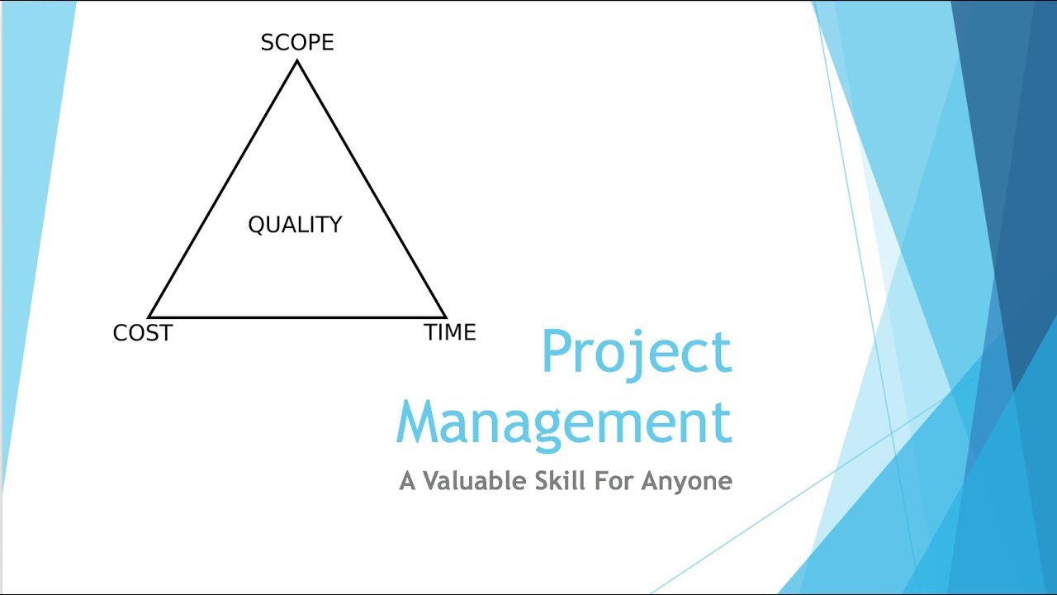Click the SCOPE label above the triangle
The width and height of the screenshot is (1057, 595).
click(x=297, y=43)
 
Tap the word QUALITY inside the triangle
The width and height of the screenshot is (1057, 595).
click(x=295, y=225)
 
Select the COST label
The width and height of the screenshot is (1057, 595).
click(x=143, y=333)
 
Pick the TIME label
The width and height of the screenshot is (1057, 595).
click(x=450, y=332)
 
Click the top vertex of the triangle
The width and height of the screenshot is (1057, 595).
click(x=297, y=63)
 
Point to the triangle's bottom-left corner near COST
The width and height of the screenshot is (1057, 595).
click(x=150, y=317)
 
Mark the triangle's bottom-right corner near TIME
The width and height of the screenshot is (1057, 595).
click(x=445, y=317)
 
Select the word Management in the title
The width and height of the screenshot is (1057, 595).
click(x=564, y=422)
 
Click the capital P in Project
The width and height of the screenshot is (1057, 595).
click(x=557, y=350)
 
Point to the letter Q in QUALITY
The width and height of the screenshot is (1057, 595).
click(x=257, y=225)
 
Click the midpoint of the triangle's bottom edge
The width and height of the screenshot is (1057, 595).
click(x=297, y=317)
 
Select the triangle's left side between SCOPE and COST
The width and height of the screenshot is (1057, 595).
click(x=223, y=190)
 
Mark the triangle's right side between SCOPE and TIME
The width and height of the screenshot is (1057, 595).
click(x=372, y=190)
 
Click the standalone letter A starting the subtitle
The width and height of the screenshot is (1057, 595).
click(x=408, y=480)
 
